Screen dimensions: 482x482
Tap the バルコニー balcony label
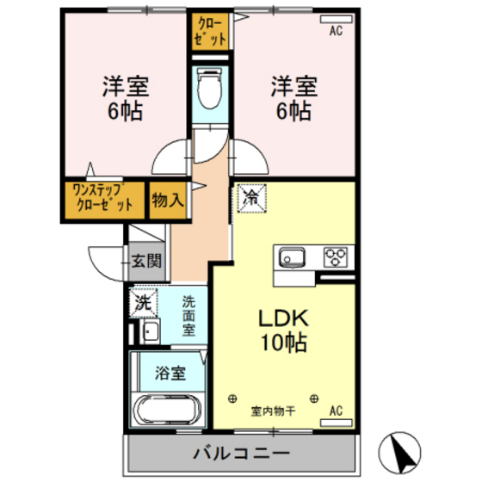point(240,451)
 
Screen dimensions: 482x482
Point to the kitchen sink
point(290,256)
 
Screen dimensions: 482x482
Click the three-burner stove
point(337,256)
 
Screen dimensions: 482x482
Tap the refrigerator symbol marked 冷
point(250,199)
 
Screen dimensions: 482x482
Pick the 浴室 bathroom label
point(170,373)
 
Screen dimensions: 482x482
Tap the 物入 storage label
point(167,200)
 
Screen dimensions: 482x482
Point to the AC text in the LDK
point(336,410)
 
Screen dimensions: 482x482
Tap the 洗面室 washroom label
point(188,316)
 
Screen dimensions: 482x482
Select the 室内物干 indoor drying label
point(274,411)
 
